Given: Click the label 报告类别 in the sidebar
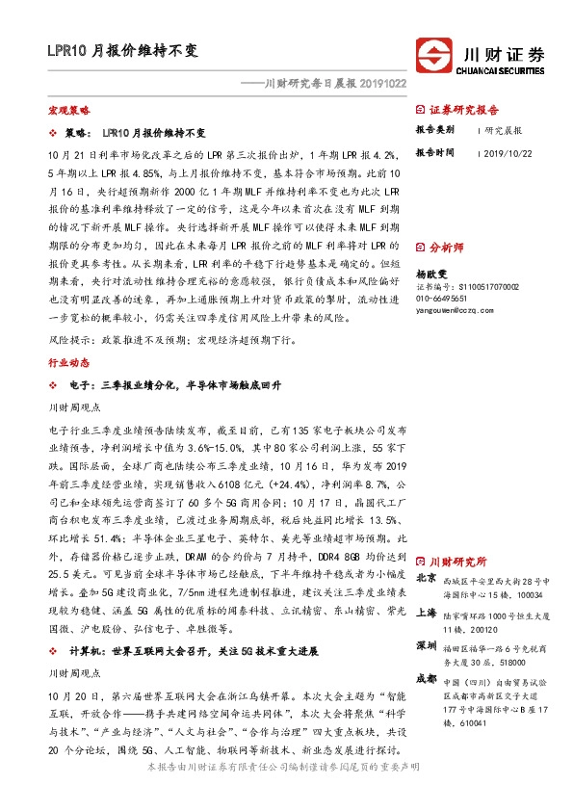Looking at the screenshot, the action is click(434, 128).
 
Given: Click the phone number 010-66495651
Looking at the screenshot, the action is click(443, 298).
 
